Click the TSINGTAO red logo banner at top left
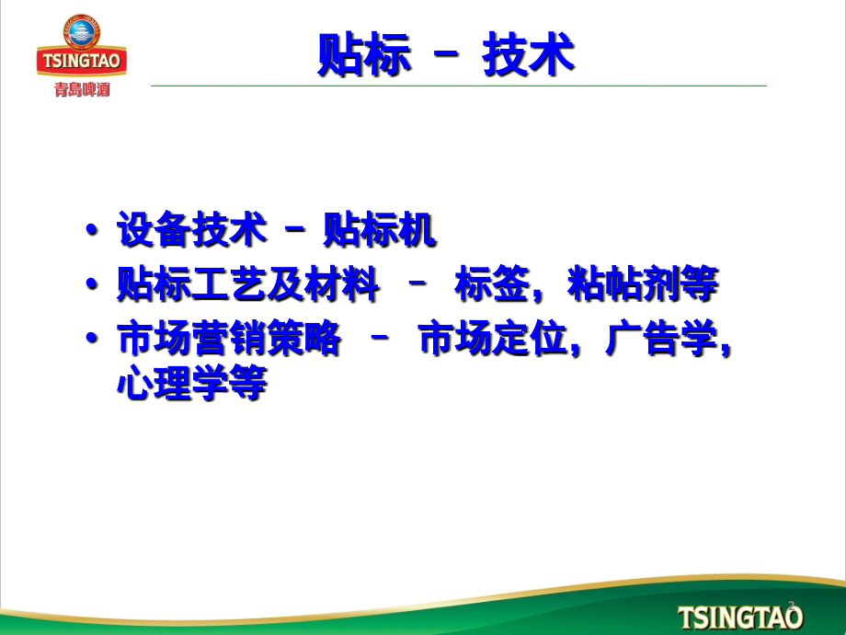pos(82,60)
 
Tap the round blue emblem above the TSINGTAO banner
pos(82,31)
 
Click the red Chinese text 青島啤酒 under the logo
pos(82,89)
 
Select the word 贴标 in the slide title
pos(364,54)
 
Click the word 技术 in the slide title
pos(528,54)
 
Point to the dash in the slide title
pos(446,53)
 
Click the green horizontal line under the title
pos(459,86)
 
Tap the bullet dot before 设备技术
pos(92,229)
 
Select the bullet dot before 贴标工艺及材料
pos(92,283)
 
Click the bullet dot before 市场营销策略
pos(92,338)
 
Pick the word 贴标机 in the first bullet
pos(379,229)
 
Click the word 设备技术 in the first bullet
pos(192,229)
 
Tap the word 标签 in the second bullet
pos(492,283)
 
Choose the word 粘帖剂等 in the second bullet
pos(643,283)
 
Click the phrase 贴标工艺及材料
pos(248,283)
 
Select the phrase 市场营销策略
pos(229,338)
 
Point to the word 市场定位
pos(492,338)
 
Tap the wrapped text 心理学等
pos(192,382)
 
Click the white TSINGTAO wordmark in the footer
pos(740,618)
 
